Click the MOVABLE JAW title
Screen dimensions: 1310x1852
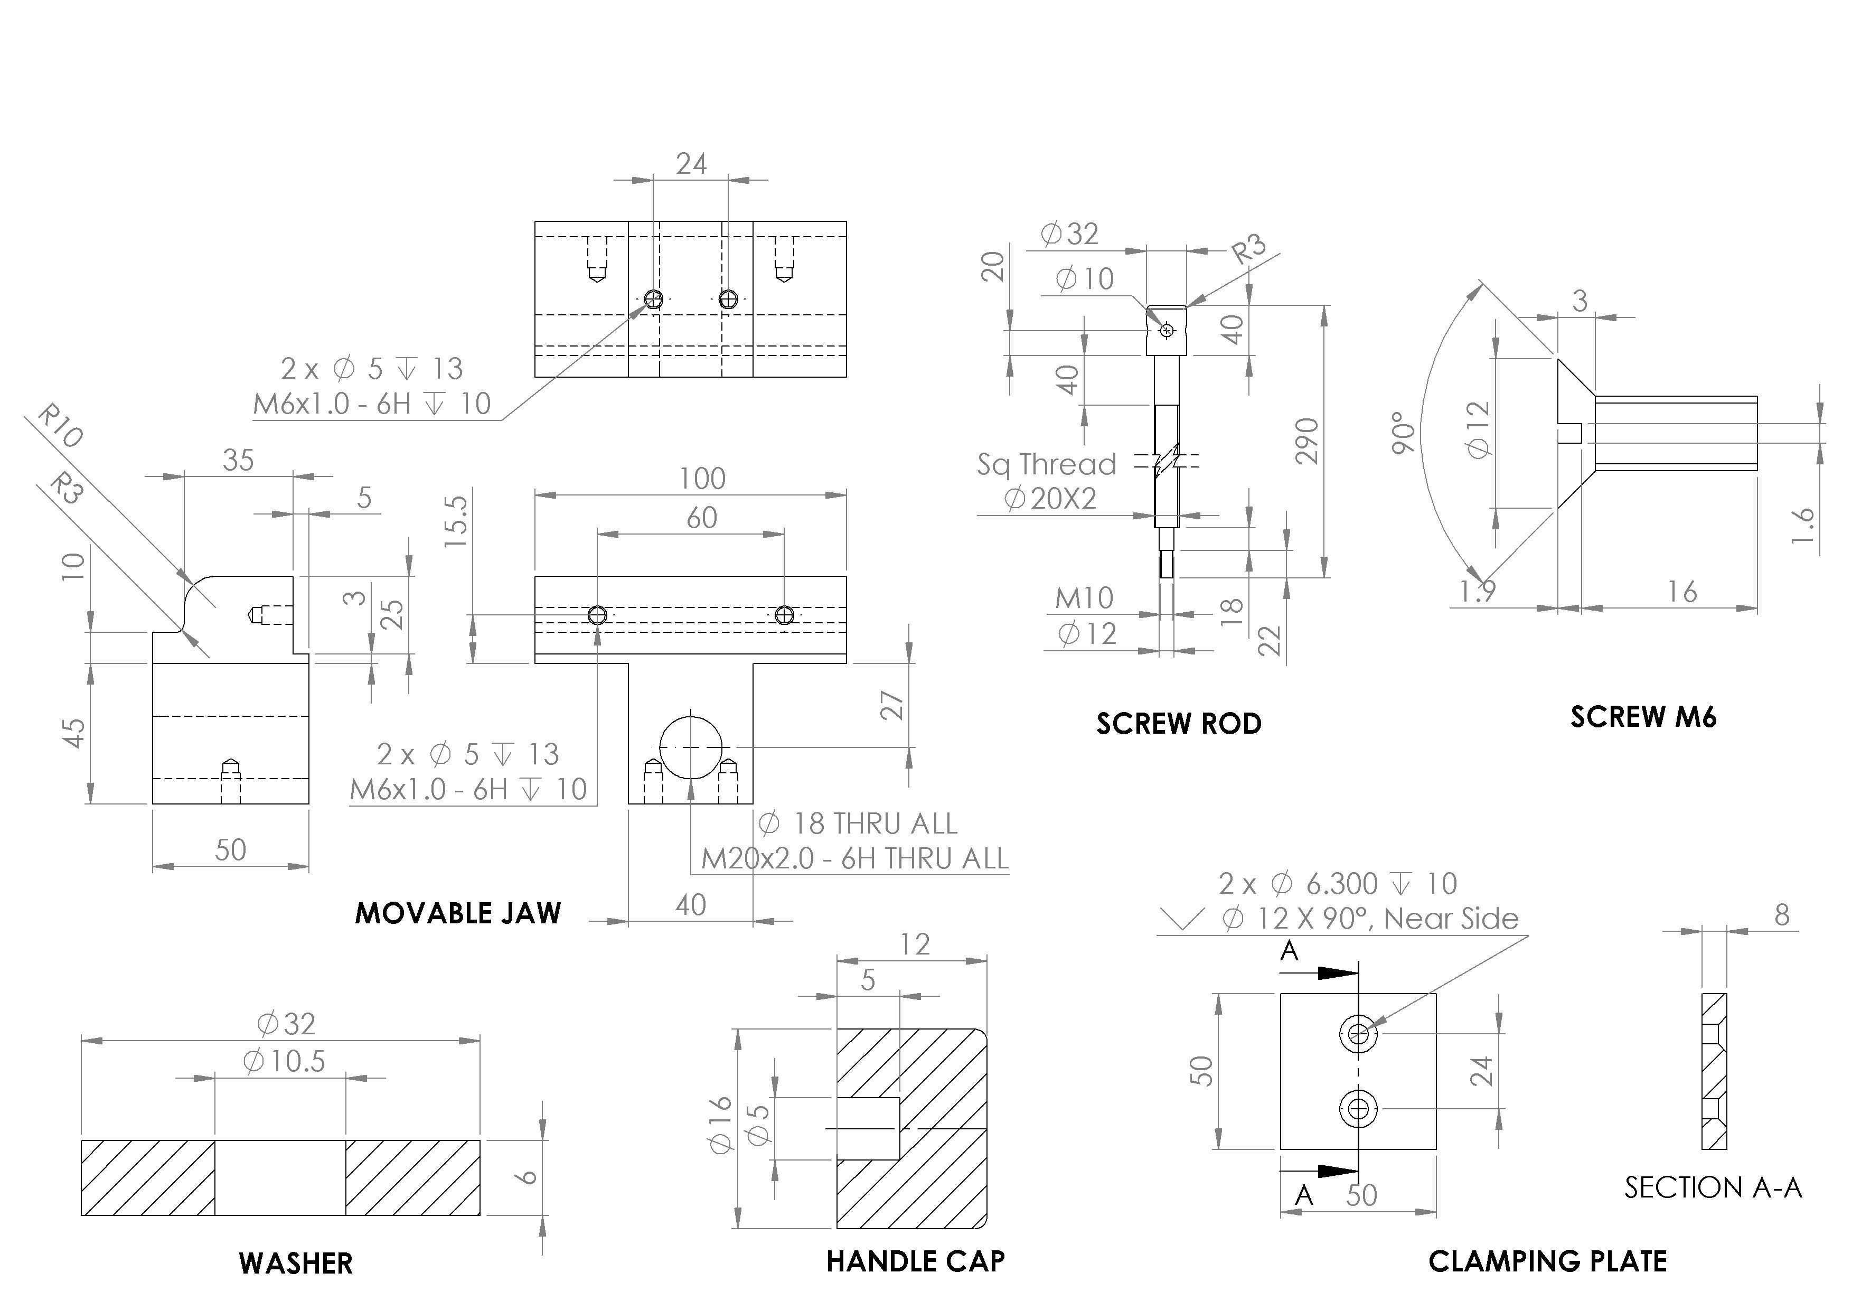[x=457, y=913]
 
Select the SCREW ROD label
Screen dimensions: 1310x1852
[x=1179, y=724]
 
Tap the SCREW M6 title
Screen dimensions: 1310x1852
[x=1643, y=717]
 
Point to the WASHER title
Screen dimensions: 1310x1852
[x=295, y=1263]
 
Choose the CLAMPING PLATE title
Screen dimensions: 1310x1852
[x=1547, y=1261]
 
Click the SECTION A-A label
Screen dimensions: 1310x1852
[x=1713, y=1187]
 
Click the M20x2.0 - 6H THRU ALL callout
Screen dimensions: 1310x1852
[x=854, y=858]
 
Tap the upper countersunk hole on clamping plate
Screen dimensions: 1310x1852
[x=1358, y=1033]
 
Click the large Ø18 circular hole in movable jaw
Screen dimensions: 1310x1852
[x=691, y=747]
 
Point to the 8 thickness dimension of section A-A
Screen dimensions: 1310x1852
[x=1782, y=915]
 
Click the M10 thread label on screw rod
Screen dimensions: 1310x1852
[x=1084, y=598]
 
